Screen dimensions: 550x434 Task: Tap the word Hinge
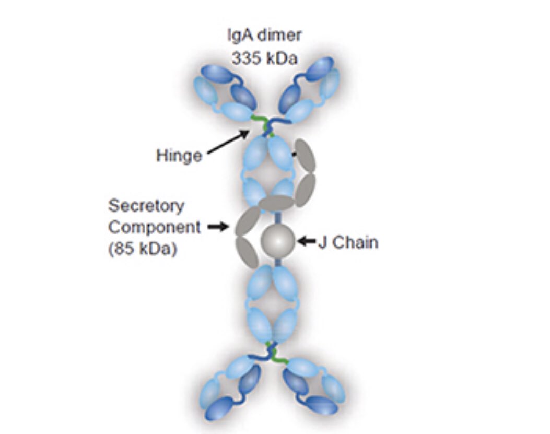pos(179,156)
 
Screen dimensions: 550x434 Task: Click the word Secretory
pos(146,206)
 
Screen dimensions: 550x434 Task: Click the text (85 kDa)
pos(143,249)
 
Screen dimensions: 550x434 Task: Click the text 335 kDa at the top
pos(264,57)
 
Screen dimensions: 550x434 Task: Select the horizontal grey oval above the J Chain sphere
pos(276,203)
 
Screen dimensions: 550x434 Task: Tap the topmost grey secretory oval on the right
pos(305,155)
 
